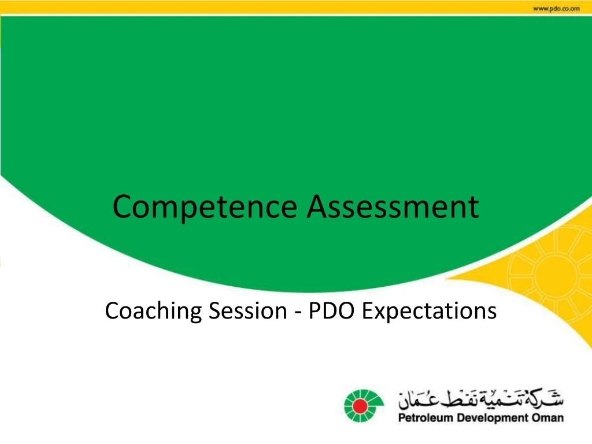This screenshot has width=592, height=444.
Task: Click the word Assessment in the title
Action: click(x=393, y=207)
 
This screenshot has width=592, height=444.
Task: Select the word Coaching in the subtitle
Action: click(x=153, y=311)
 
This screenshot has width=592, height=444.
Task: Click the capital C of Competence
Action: click(x=123, y=207)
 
